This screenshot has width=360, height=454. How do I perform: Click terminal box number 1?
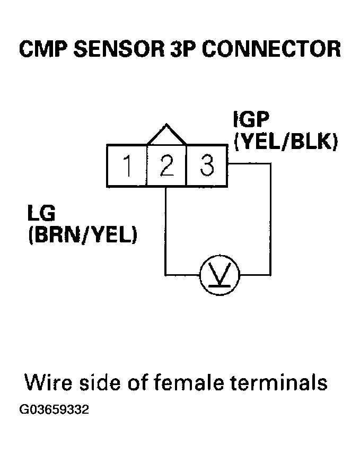[127, 166]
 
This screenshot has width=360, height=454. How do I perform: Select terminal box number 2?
[166, 166]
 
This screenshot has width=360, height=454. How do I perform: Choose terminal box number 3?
[207, 166]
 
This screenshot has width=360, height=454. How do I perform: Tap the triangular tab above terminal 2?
[166, 136]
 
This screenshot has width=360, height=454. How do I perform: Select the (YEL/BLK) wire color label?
[285, 142]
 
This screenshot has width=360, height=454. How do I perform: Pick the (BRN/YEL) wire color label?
[82, 235]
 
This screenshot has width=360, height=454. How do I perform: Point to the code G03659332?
[54, 411]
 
